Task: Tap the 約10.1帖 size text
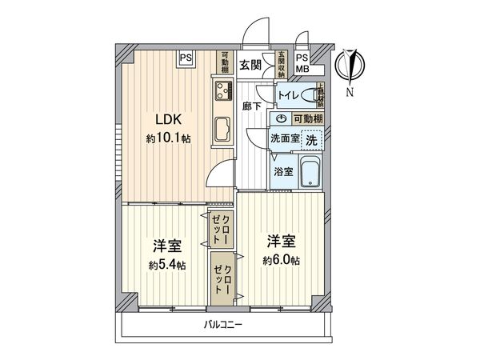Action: click(x=168, y=138)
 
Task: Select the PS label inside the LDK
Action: click(x=186, y=58)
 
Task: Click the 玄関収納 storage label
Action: click(x=282, y=62)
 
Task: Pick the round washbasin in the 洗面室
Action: click(x=280, y=118)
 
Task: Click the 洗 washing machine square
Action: click(x=312, y=137)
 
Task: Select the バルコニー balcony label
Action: click(x=222, y=324)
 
